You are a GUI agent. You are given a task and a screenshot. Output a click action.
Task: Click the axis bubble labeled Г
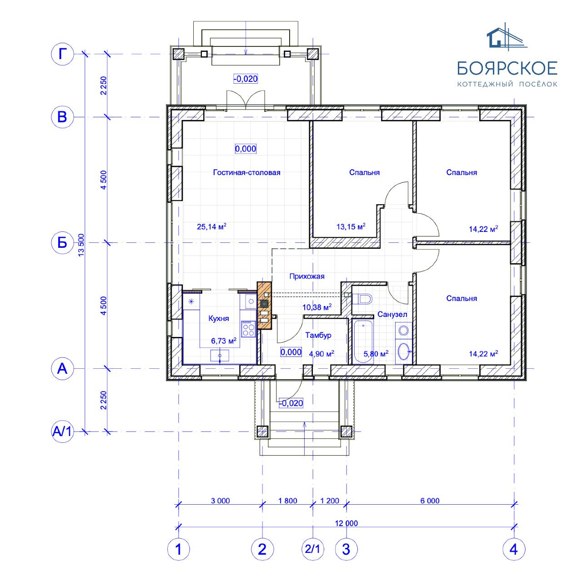point(62,55)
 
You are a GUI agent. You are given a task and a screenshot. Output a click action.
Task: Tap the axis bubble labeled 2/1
point(312,549)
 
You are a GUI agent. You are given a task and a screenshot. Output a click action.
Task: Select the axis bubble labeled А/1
point(62,431)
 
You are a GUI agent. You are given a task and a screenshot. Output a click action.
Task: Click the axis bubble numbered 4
point(514,549)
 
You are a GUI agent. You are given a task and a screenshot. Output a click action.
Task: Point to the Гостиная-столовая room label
point(246,172)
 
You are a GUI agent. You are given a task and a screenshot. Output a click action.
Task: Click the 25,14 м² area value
point(211,226)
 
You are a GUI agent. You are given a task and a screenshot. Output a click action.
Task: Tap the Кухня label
point(219,318)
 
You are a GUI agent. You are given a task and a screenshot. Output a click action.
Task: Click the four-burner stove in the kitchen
point(248,329)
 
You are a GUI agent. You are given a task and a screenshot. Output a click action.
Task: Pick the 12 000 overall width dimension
point(346,523)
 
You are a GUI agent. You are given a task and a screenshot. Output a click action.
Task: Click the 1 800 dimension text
point(287,501)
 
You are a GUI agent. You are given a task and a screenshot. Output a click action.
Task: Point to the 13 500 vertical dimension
point(81,245)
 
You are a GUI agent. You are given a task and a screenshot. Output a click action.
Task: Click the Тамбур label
point(318,335)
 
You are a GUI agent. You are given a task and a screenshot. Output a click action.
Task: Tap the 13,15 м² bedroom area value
point(351,226)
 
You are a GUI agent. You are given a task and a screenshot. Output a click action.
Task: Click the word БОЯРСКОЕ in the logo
point(507,68)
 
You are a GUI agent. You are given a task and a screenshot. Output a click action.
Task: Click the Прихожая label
point(307,276)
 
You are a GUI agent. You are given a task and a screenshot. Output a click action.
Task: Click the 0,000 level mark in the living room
point(246,149)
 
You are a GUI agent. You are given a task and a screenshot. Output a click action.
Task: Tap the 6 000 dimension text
point(430,501)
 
